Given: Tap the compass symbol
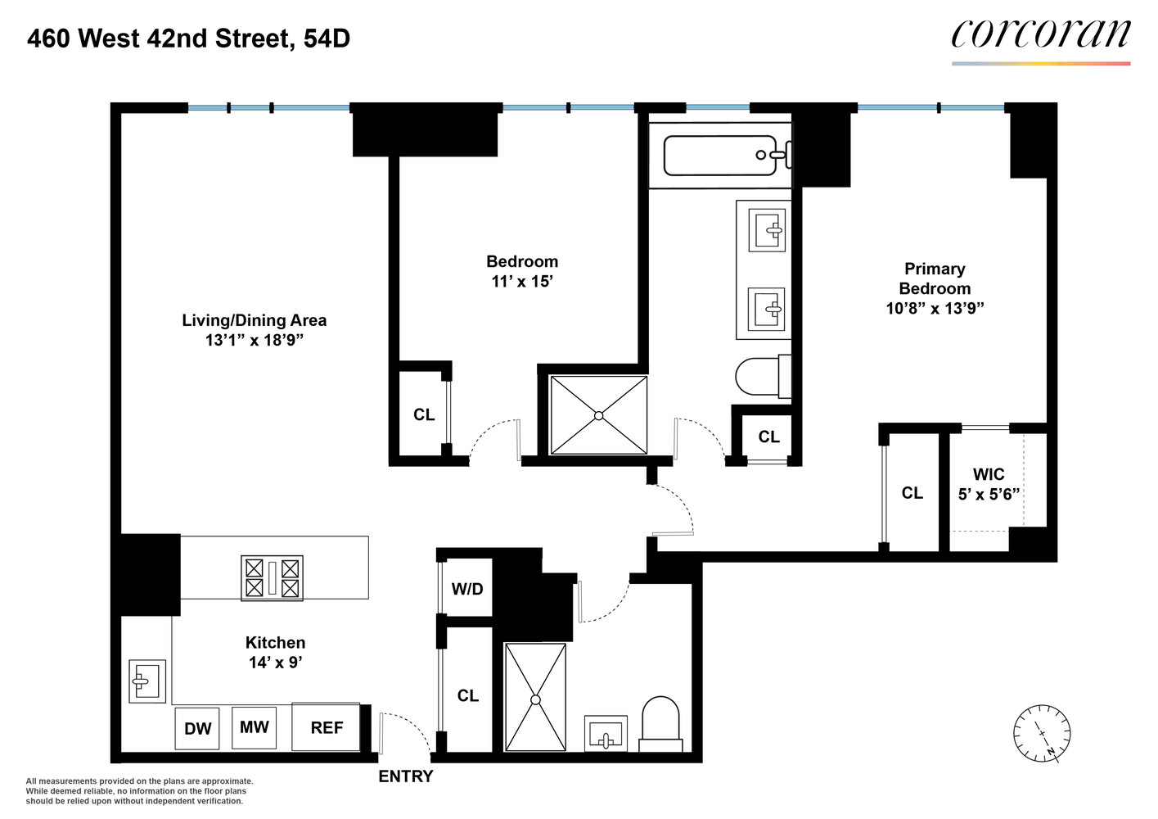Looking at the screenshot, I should (x=1042, y=732).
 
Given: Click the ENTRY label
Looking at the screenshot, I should (x=405, y=776).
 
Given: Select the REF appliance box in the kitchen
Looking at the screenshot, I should (x=326, y=727).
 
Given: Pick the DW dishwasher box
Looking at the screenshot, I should (x=197, y=728).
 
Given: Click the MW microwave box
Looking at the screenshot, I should (x=254, y=727).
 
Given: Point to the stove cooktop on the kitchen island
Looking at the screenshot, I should (x=272, y=577).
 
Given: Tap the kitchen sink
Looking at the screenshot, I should (x=147, y=681).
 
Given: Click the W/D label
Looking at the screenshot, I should (x=467, y=589).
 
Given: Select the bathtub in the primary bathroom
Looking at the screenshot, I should (x=720, y=156).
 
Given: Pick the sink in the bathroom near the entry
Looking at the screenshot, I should (x=606, y=734).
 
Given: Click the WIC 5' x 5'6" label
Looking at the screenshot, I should (x=989, y=484).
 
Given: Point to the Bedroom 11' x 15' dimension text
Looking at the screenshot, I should (x=522, y=281).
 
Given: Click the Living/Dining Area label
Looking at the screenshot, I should (x=254, y=320).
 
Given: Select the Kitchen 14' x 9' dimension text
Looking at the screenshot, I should (x=276, y=663).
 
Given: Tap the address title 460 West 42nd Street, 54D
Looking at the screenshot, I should (x=188, y=38).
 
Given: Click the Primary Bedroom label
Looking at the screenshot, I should (x=935, y=278).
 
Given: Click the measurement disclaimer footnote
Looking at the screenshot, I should (x=139, y=791).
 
